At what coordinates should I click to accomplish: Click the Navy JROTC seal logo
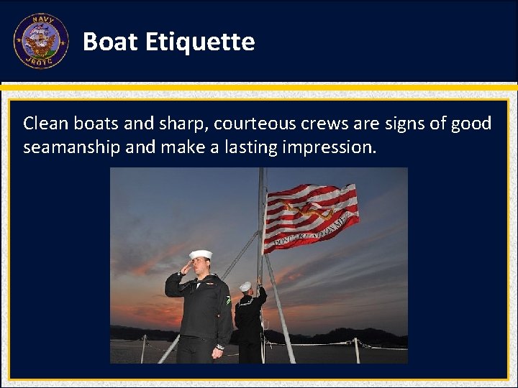pos(41,42)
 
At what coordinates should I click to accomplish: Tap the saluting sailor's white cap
pos(200,254)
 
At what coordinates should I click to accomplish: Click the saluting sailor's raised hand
pos(186,267)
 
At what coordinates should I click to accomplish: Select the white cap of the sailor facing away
pos(246,285)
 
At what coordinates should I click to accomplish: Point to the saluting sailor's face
pos(201,267)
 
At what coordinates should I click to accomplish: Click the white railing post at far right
pos(357,350)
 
